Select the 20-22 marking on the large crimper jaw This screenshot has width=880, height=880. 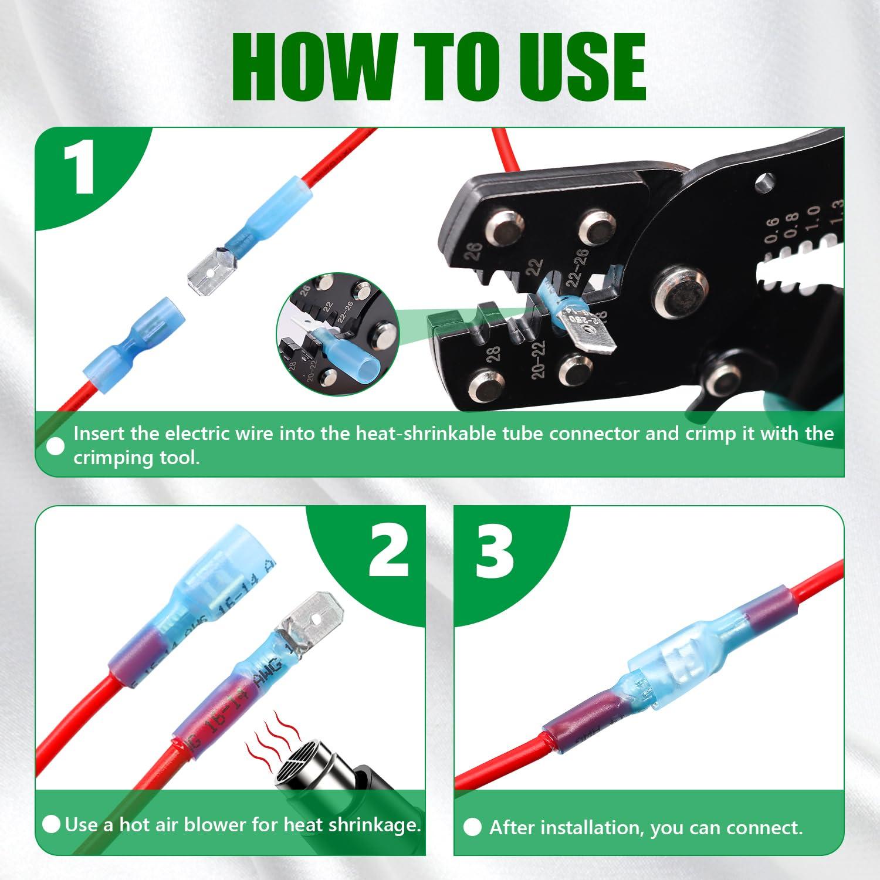click(539, 360)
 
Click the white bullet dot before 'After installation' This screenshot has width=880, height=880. click(472, 828)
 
